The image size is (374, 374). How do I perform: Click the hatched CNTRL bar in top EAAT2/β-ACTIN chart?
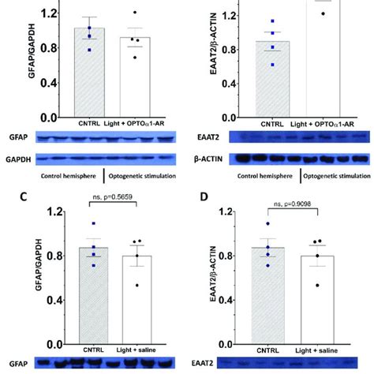pyautogui.click(x=271, y=79)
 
